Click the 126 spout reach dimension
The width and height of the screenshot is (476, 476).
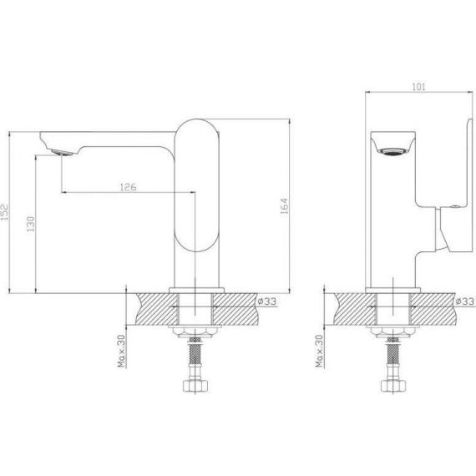tap(128, 187)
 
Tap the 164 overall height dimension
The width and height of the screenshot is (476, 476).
tap(285, 206)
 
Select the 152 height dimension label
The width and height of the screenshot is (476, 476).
tap(4, 211)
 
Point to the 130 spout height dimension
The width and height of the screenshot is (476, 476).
tap(31, 224)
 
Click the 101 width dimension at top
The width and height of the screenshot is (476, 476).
tap(418, 87)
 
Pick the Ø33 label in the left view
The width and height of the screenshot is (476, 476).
tap(267, 301)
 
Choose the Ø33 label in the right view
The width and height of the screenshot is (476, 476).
tap(465, 301)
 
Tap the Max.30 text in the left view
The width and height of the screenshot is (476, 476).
tap(121, 351)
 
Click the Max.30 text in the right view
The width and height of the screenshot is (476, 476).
tap(319, 351)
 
